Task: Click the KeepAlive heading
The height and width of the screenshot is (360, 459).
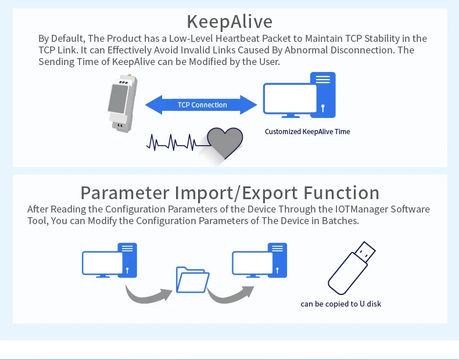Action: click(x=229, y=21)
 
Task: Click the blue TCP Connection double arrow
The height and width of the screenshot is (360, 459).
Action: click(x=201, y=105)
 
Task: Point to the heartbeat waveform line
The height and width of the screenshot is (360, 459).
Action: click(x=171, y=141)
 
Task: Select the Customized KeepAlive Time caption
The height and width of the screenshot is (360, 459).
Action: click(x=307, y=132)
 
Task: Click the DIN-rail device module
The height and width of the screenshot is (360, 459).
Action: click(x=121, y=102)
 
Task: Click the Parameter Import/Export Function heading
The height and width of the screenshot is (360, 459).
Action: click(x=229, y=192)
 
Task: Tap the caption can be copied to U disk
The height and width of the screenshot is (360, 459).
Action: click(x=341, y=304)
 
